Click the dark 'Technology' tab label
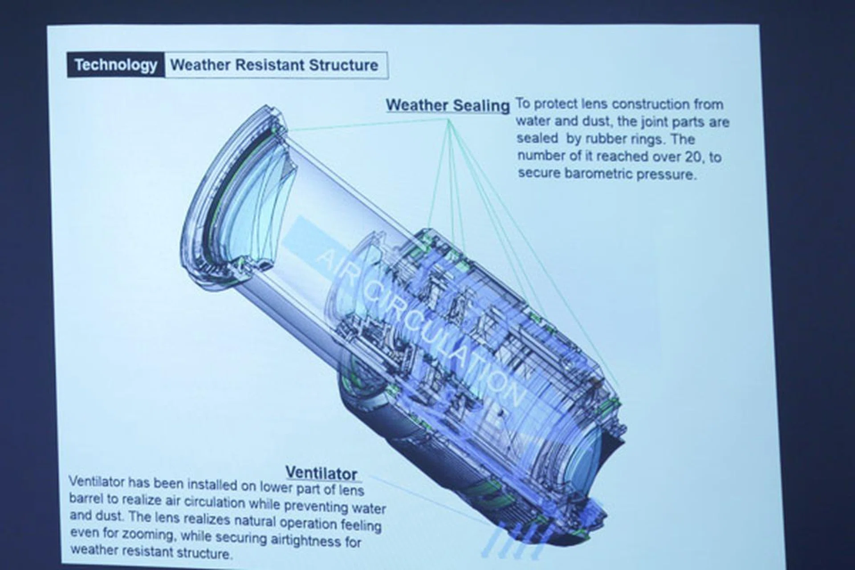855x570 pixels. click(116, 65)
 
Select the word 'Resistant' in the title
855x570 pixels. click(270, 65)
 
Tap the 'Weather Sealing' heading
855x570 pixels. click(448, 106)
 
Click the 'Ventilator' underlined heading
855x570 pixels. click(322, 473)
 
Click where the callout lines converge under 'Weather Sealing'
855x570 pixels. click(449, 119)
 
